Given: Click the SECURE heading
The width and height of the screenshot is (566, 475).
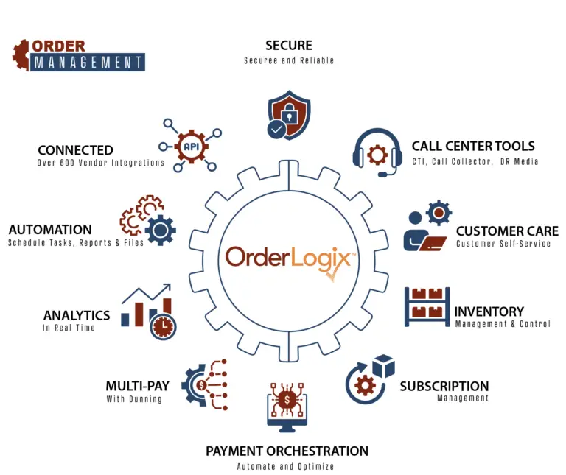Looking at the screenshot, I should [288, 46].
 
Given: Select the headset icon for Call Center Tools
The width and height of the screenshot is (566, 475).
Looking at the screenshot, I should [377, 152].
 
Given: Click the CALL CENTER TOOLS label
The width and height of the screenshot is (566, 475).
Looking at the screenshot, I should [473, 146].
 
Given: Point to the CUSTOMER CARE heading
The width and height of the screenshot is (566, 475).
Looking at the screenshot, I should [507, 231].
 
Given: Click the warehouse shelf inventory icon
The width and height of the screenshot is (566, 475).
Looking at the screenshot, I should [427, 306].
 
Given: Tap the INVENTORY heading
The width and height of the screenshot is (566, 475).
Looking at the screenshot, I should [489, 312].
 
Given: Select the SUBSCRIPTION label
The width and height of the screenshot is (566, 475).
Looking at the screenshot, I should [444, 386].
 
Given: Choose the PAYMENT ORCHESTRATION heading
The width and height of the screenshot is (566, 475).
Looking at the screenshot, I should [287, 451].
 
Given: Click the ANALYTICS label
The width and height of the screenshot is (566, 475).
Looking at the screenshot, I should [77, 315].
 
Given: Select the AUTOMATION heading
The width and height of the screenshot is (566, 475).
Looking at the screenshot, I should [50, 230].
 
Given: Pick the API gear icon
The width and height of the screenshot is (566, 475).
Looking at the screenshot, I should [191, 144].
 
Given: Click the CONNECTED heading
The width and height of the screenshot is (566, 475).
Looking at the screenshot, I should [75, 150].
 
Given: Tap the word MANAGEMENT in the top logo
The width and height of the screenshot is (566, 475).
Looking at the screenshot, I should [88, 63].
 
